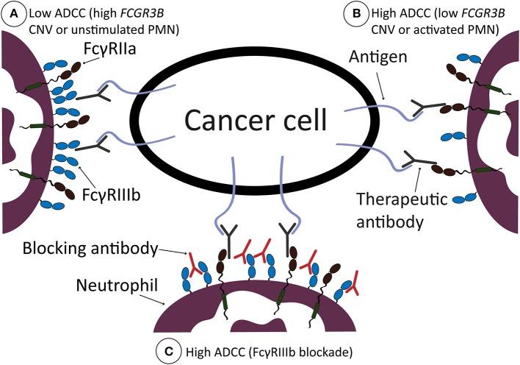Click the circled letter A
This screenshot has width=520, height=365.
point(12,13)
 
